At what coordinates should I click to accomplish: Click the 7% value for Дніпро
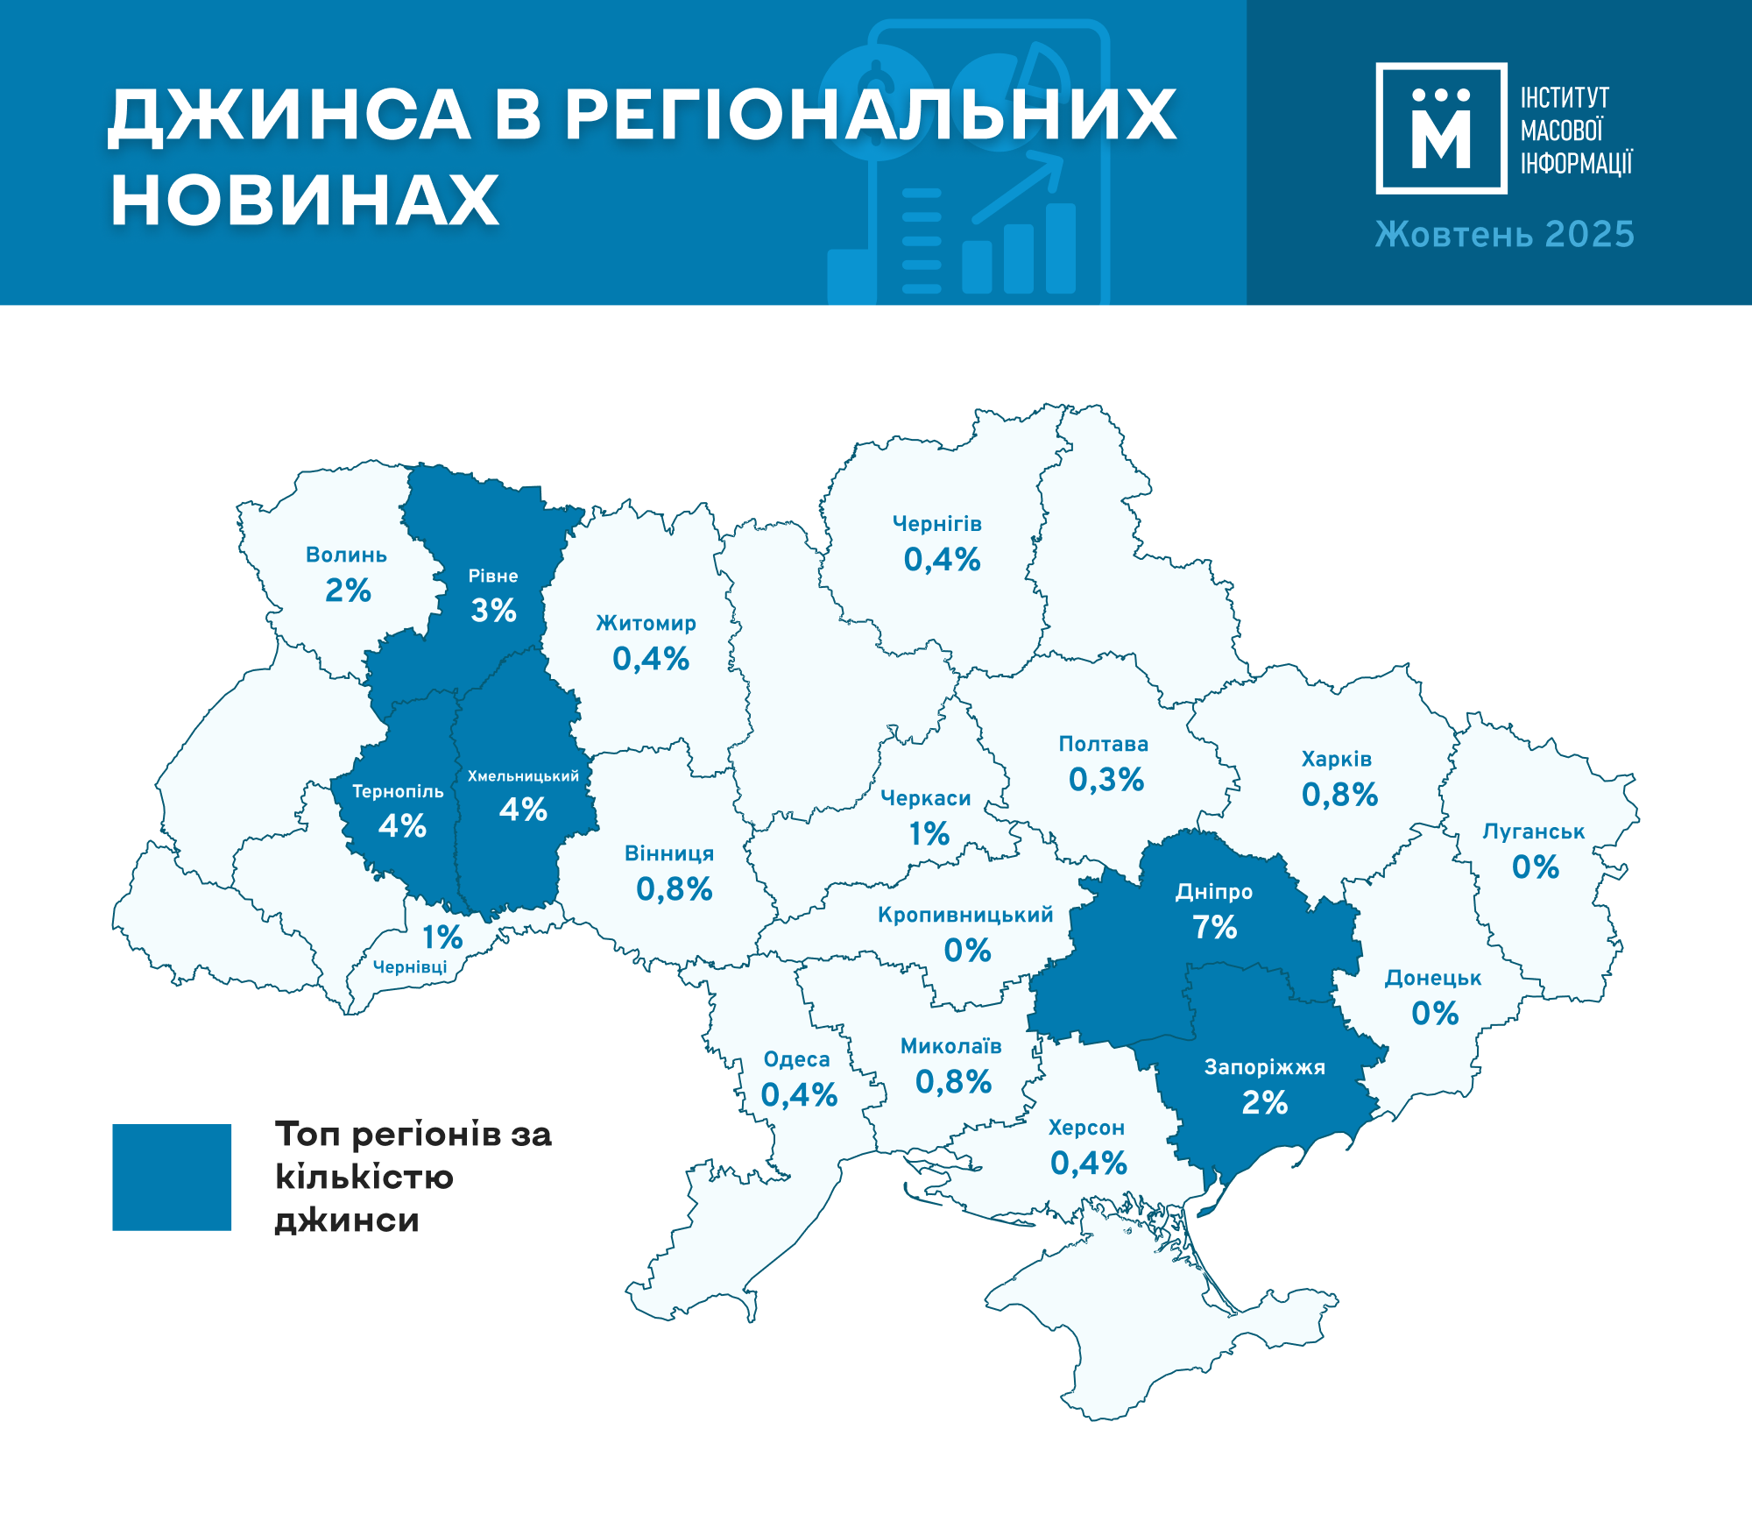1214,927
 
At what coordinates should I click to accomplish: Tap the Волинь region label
346,555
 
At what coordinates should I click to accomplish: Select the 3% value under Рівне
493,611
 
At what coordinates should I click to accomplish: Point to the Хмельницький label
523,776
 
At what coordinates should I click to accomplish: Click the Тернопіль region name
398,791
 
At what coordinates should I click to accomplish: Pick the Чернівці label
410,966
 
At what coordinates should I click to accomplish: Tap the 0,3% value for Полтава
1106,780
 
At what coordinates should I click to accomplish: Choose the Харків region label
1337,759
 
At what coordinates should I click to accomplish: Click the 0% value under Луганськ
1535,867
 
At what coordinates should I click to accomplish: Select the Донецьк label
1433,978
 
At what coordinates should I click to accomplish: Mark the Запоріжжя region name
1264,1067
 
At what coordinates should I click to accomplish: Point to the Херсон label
1086,1128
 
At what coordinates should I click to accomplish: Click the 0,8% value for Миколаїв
953,1082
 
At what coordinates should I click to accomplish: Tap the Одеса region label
796,1059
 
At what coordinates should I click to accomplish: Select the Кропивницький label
965,915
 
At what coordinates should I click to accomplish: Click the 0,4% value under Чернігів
942,560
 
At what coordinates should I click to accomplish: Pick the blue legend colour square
172,1177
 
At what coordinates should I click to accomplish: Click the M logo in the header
1441,128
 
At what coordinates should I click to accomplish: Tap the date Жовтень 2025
1504,234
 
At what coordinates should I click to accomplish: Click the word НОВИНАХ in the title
305,201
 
